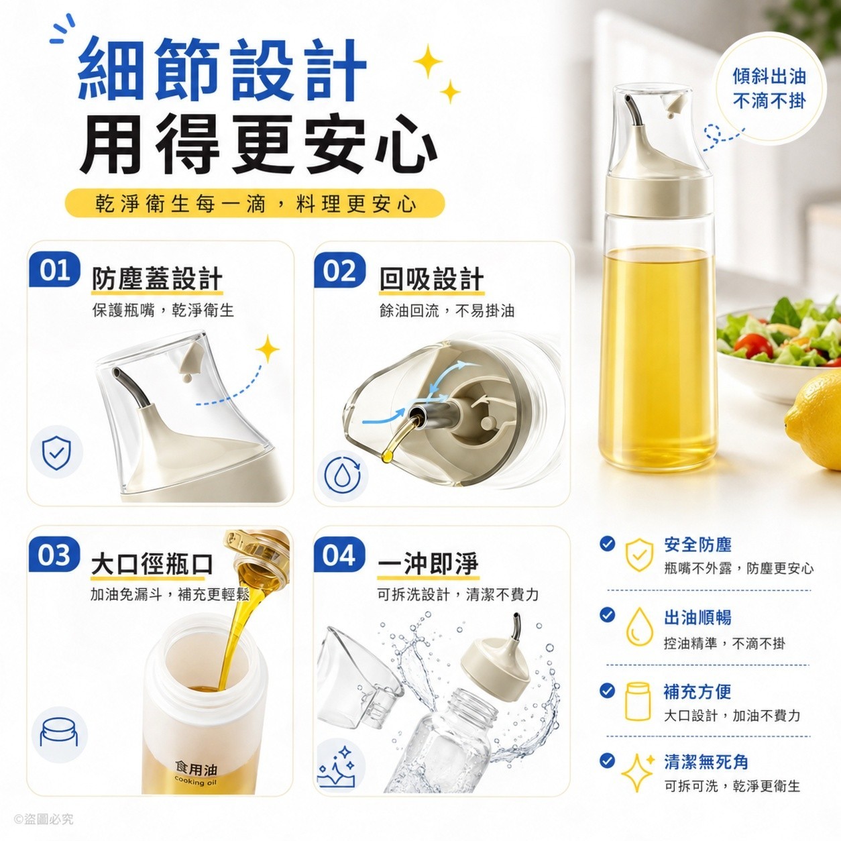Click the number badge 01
(54, 270)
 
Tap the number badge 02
(339, 270)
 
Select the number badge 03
(54, 555)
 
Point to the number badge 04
(339, 555)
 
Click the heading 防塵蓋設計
(157, 278)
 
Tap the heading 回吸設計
(432, 278)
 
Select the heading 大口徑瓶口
(152, 564)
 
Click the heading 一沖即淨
(428, 564)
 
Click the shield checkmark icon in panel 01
(57, 452)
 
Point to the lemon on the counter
(814, 426)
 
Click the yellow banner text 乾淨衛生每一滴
(180, 204)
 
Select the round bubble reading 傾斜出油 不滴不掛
(769, 89)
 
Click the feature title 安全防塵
(697, 545)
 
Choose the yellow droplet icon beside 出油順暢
(639, 626)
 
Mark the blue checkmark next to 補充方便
(607, 690)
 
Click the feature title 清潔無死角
(706, 762)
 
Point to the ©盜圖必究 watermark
(44, 820)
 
